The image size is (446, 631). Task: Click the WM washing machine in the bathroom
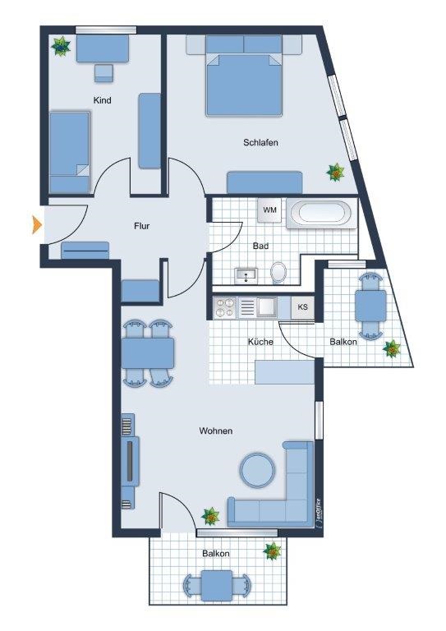coord(270,210)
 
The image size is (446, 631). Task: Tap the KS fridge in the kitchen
coord(303,307)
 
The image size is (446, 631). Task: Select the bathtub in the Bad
coord(324,213)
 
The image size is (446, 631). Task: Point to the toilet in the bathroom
coord(278,272)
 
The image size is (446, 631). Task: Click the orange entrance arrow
coord(36,223)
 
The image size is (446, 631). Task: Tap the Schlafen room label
coord(260,143)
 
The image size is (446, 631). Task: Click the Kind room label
coord(103,100)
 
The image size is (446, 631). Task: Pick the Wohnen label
coord(215,431)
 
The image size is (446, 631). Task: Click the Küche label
coord(261,341)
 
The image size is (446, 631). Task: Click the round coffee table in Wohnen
coord(256,470)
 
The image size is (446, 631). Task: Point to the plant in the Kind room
coord(61,46)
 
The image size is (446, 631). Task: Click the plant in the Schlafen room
coord(335,172)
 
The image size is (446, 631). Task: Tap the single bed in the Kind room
coord(68,152)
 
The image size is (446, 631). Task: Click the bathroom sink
coord(245,274)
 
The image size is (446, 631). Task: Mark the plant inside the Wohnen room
coord(211,516)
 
